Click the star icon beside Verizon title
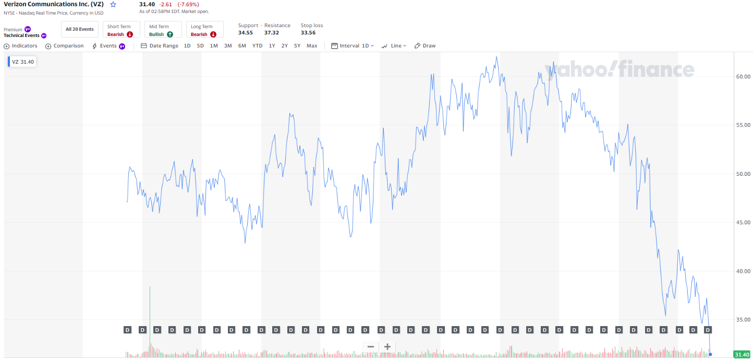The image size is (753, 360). tap(113, 4)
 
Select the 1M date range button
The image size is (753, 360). tap(214, 46)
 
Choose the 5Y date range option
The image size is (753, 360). tap(297, 46)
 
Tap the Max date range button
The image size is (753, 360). tap(312, 46)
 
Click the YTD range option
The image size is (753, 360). tap(258, 46)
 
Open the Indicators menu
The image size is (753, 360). tap(21, 46)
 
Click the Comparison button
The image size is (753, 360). tap(65, 46)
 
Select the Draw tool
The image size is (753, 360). tap(425, 46)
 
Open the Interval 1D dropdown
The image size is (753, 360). tap(353, 46)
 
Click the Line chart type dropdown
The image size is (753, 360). tap(394, 46)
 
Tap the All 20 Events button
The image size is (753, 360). tap(80, 29)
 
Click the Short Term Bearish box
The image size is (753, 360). tap(121, 30)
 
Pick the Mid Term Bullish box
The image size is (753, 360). tap(163, 30)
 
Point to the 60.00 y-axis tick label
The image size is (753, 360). tap(743, 77)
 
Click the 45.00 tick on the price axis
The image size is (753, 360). tap(743, 223)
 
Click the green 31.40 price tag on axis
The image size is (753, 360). tap(742, 355)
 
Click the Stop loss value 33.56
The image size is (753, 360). tap(308, 32)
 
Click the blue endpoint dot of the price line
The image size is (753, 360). tap(710, 354)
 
